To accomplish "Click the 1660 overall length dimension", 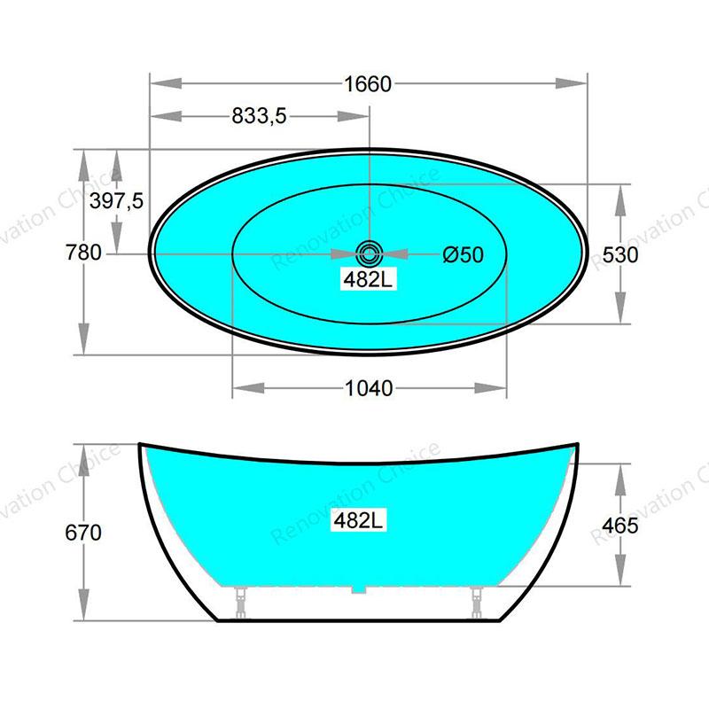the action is [x=368, y=84].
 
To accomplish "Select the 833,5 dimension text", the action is [x=259, y=116].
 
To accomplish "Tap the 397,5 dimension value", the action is [x=116, y=200].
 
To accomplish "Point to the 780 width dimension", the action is [x=83, y=253].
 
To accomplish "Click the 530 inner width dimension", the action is [x=620, y=255].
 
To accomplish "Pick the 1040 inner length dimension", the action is [x=369, y=388].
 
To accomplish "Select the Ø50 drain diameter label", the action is [x=463, y=254].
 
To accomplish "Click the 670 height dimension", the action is [x=83, y=533].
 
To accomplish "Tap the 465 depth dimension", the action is [x=619, y=526].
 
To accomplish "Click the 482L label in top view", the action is [x=368, y=280].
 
